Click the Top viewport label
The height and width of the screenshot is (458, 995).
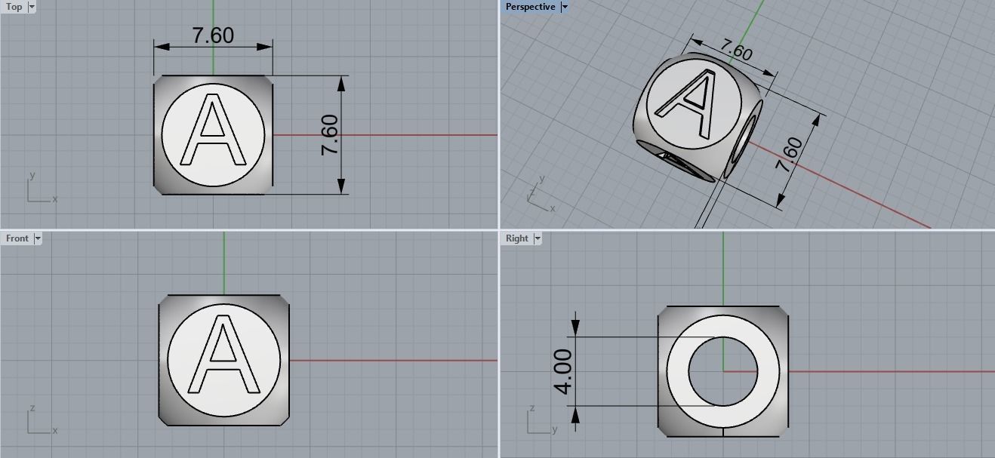[14, 7]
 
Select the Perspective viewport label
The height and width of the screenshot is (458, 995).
[530, 7]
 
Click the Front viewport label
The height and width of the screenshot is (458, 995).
[17, 238]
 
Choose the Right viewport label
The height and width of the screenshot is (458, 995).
[517, 238]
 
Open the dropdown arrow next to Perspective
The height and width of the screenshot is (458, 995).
[564, 7]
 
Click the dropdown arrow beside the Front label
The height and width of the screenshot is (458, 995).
[38, 238]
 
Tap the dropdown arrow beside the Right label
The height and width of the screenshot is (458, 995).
[538, 238]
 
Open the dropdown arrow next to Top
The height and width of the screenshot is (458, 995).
[32, 7]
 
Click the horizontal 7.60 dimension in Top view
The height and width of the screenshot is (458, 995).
[213, 35]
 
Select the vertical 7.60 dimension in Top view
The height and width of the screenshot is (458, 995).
[330, 135]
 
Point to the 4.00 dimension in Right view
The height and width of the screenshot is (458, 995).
[563, 371]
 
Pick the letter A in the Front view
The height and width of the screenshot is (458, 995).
[223, 356]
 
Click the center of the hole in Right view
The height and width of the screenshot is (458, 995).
[723, 371]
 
